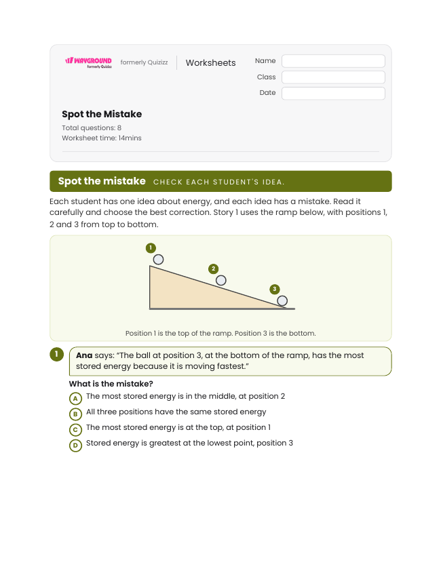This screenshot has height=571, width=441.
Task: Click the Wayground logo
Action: pyautogui.click(x=88, y=62)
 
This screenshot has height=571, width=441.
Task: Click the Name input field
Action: pyautogui.click(x=333, y=61)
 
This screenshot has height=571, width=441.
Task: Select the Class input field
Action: pyautogui.click(x=333, y=77)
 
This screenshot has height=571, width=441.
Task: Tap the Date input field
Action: pyautogui.click(x=333, y=93)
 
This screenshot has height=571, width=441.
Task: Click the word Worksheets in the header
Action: pyautogui.click(x=210, y=62)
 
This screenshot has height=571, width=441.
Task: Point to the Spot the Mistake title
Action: pyautogui.click(x=102, y=114)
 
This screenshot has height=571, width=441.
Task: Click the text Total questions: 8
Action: pyautogui.click(x=92, y=127)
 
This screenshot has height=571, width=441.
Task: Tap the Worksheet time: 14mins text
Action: pyautogui.click(x=101, y=138)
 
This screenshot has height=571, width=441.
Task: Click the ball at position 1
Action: pyautogui.click(x=158, y=259)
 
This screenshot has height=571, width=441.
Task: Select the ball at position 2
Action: pyautogui.click(x=221, y=280)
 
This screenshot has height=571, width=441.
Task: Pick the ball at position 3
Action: pyautogui.click(x=282, y=301)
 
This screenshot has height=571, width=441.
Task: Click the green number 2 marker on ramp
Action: pyautogui.click(x=213, y=269)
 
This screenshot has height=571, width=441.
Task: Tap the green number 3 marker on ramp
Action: pyautogui.click(x=275, y=289)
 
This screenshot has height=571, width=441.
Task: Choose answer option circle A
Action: pyautogui.click(x=75, y=398)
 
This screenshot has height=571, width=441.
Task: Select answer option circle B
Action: pyautogui.click(x=75, y=414)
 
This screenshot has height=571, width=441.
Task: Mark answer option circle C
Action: pyautogui.click(x=75, y=430)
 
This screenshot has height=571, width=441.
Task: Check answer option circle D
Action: pyautogui.click(x=75, y=446)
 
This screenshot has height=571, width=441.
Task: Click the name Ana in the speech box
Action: pyautogui.click(x=84, y=355)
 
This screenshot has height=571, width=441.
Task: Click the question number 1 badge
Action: pyautogui.click(x=56, y=354)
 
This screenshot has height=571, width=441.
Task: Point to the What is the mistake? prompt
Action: pyautogui.click(x=111, y=384)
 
